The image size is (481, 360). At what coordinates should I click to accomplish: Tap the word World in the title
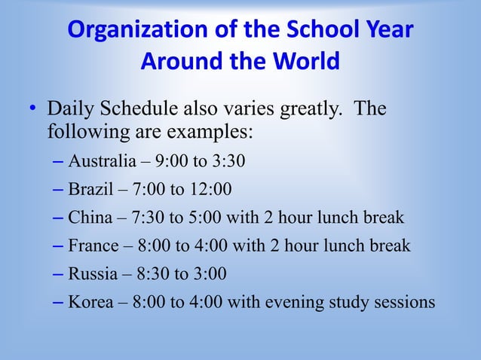300,61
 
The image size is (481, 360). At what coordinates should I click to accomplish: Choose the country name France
93,246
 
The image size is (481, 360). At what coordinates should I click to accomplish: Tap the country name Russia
93,273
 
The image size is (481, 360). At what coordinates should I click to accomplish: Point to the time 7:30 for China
147,218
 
